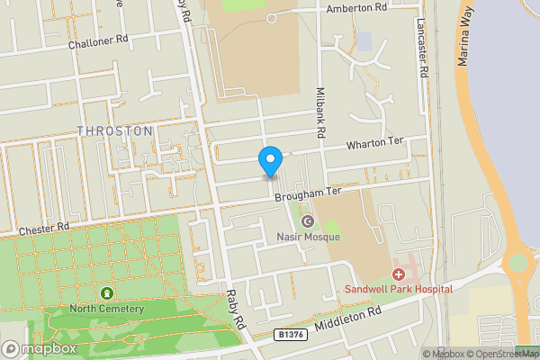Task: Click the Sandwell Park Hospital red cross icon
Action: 399,274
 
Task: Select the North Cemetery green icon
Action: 108,293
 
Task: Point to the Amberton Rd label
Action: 355,7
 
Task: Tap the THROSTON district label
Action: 114,131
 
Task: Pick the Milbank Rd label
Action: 320,112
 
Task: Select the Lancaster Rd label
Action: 421,51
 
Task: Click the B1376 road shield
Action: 288,335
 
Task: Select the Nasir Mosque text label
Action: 309,238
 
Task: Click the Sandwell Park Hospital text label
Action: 399,290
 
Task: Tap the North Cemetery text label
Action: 108,310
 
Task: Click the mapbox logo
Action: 40,348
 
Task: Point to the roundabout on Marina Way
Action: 517,264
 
